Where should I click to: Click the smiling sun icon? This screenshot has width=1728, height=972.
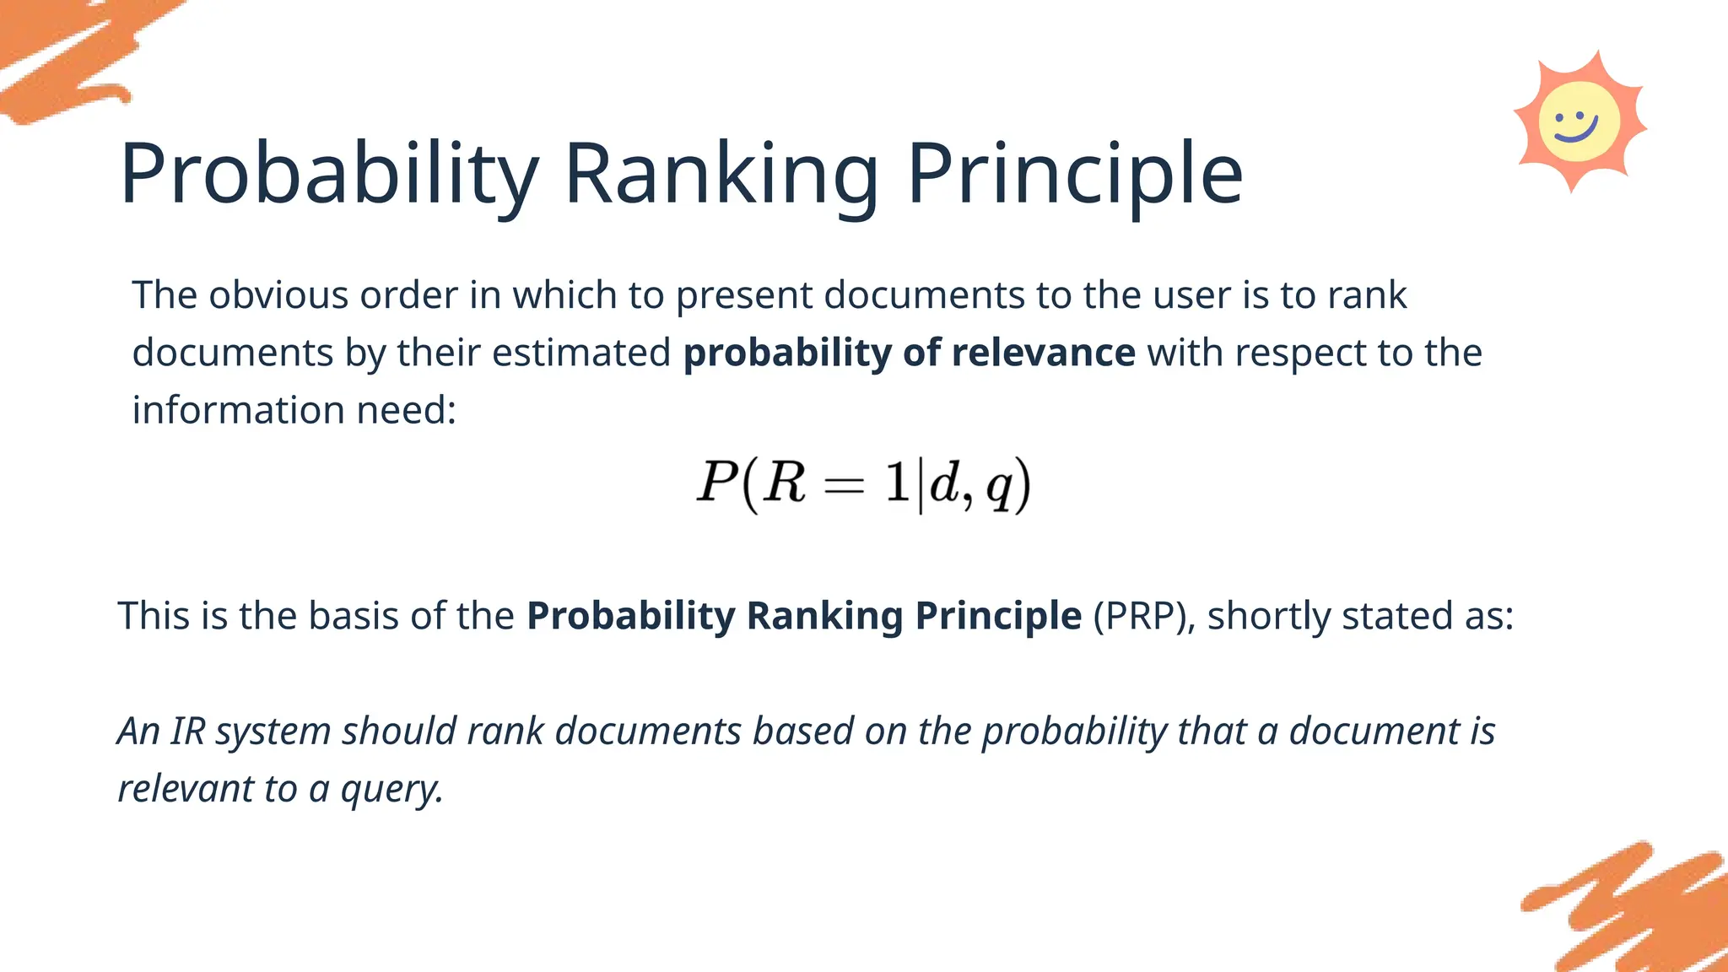pos(1579,122)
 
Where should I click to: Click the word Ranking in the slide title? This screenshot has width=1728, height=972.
pos(721,175)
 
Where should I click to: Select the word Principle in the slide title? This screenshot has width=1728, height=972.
pos(1074,175)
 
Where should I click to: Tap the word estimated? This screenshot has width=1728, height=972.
pos(581,353)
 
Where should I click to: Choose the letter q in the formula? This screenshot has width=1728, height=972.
pos(999,487)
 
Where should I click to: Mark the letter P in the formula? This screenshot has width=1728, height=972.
pos(716,483)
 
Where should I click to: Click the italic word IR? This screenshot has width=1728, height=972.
pos(188,731)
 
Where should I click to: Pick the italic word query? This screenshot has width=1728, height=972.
pos(391,790)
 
